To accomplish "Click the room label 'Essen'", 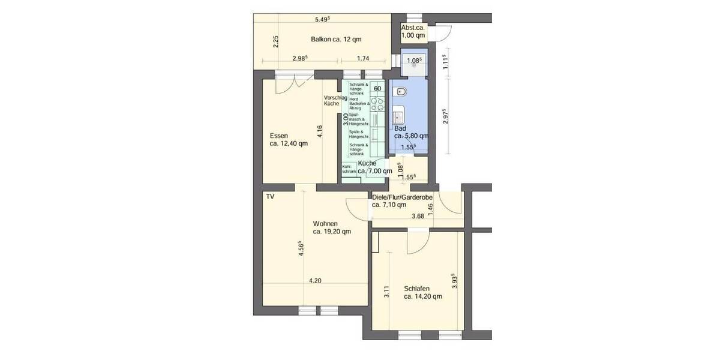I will (280, 135).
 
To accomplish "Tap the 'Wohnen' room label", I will (325, 224).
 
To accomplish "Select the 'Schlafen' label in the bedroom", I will (416, 289).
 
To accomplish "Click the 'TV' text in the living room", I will (270, 196).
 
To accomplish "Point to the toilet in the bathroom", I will (401, 92).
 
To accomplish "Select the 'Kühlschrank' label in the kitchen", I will (349, 169).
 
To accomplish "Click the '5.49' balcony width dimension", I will (323, 19).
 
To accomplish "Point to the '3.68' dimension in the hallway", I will (418, 217).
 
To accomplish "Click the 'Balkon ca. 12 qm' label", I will (336, 40).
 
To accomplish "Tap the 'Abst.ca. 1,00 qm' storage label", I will (413, 32).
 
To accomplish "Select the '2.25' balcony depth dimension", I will (275, 41).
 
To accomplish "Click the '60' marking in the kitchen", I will (377, 89).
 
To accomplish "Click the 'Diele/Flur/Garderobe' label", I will (406, 197).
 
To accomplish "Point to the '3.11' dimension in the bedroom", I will (387, 292).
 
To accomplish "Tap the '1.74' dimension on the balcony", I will (362, 58).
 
